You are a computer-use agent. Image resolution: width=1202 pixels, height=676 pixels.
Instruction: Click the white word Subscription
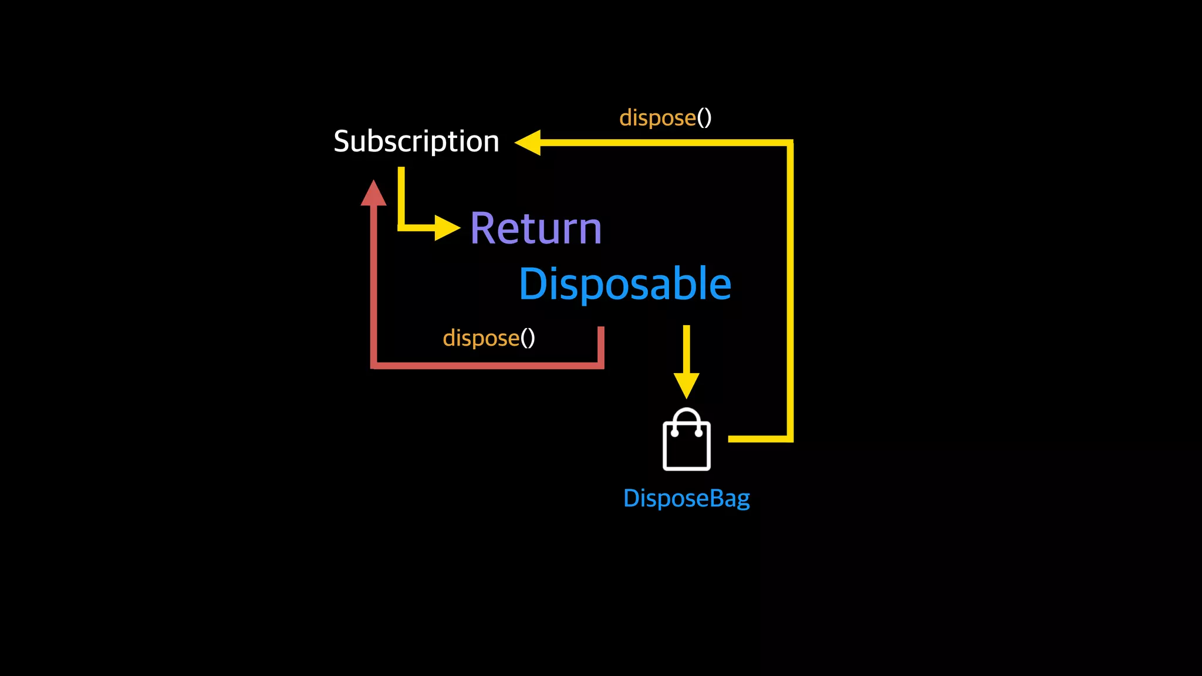[416, 141]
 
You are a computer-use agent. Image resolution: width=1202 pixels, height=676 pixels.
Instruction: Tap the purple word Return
[536, 228]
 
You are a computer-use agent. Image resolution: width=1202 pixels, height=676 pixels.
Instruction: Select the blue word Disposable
[625, 284]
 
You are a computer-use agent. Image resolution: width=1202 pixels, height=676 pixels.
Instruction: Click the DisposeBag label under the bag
[686, 498]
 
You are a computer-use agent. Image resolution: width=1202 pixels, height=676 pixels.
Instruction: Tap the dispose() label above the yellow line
[665, 118]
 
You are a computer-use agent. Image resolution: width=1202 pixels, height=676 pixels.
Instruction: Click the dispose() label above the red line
[489, 338]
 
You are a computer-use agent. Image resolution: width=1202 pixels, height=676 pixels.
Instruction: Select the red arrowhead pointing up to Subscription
[373, 194]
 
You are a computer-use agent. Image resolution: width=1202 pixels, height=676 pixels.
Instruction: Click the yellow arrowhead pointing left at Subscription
[528, 143]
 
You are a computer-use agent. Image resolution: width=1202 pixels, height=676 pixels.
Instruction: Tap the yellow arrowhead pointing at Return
[447, 228]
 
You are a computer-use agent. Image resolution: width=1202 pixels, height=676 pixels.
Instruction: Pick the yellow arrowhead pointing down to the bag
[686, 385]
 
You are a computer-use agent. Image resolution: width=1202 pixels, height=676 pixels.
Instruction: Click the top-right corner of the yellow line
[790, 143]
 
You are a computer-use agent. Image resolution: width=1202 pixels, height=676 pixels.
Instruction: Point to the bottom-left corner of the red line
[374, 366]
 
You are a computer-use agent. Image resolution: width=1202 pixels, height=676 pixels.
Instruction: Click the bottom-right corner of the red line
[601, 366]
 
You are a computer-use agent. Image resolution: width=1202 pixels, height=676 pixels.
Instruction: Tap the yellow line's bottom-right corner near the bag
[790, 439]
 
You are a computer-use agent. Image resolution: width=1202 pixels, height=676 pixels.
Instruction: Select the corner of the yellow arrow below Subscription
[401, 228]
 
